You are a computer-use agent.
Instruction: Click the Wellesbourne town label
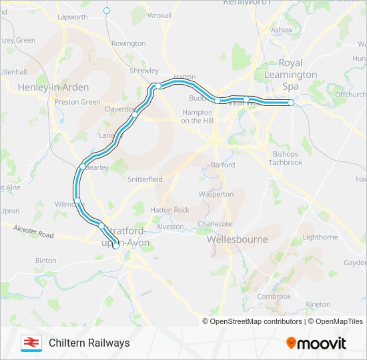point(237,239)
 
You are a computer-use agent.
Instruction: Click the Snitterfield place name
point(145,180)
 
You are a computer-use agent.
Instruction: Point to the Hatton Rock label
point(169,210)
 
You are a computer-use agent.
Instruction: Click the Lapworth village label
point(72,16)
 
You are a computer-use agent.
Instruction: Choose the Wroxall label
point(159,15)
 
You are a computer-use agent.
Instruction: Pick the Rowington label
point(128,43)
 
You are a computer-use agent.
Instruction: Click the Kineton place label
point(318,305)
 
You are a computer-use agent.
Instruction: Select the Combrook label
point(274,297)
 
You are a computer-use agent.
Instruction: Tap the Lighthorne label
point(320,237)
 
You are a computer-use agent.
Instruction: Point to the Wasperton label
point(216,194)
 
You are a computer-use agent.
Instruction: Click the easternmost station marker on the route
point(291,102)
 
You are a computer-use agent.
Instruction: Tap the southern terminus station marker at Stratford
point(115,246)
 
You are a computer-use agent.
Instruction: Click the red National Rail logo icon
point(30,343)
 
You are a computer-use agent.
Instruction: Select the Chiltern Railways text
point(89,343)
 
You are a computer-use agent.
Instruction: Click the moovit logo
point(316,343)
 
